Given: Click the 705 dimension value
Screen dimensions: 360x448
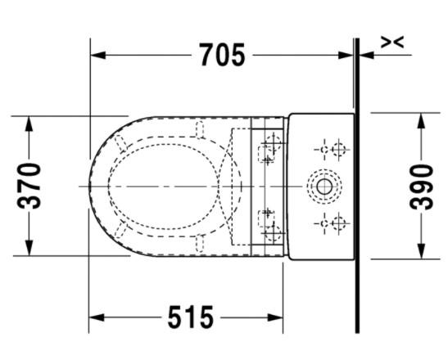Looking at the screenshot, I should point(222,55).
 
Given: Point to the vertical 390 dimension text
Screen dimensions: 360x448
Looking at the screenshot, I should point(420,186).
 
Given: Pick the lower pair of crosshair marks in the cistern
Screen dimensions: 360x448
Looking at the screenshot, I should point(332,222).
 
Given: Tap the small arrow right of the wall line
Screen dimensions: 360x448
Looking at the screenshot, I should point(368,55).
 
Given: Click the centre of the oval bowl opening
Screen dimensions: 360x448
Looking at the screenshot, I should point(165,186).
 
